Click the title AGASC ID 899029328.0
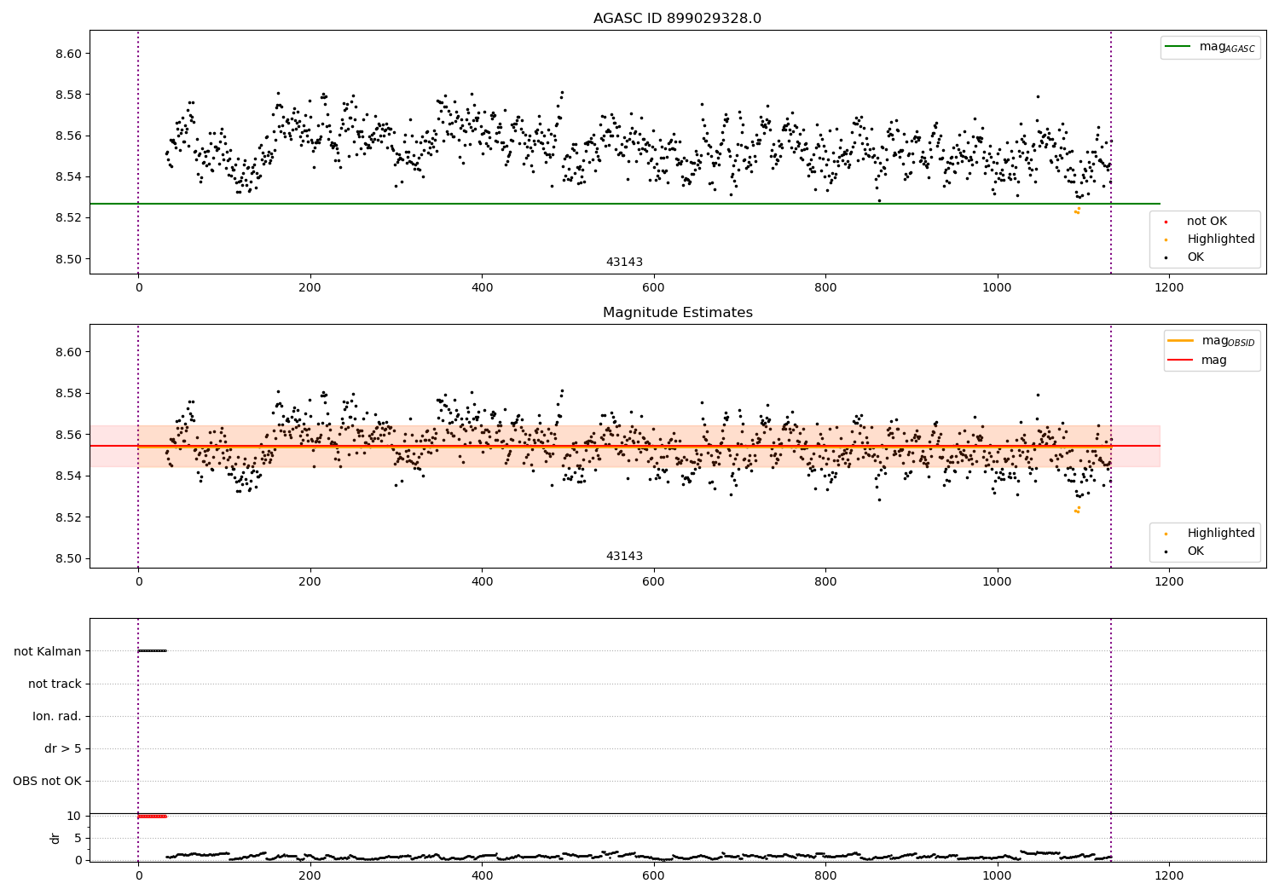tap(677, 19)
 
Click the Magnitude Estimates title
tap(677, 313)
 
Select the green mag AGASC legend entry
tap(1210, 47)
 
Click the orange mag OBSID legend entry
tap(1211, 341)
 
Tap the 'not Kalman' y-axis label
tap(48, 651)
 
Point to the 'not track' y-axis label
tap(55, 684)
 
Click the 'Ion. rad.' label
tap(57, 716)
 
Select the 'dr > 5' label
tap(63, 748)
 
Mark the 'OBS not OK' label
tap(47, 781)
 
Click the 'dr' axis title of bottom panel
tap(55, 838)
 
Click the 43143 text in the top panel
tap(624, 263)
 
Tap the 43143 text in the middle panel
tap(624, 557)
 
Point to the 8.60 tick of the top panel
tap(68, 54)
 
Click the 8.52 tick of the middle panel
tap(68, 517)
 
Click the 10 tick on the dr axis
tap(74, 816)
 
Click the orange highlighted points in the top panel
tap(1077, 211)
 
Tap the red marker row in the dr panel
tap(152, 817)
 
